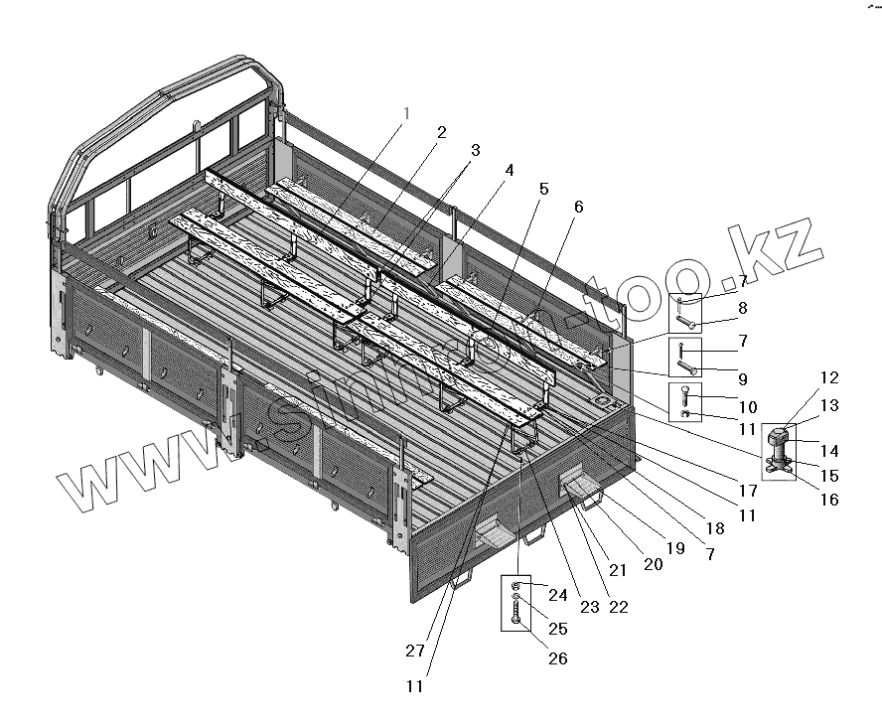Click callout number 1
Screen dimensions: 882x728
tap(404, 113)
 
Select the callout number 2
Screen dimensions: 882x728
tap(440, 132)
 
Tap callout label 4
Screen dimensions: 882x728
tap(510, 170)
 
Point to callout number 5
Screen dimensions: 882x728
tap(543, 188)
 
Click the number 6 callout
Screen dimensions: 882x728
tap(578, 207)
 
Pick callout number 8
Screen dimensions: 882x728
tap(743, 309)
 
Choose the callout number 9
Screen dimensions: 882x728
tap(743, 378)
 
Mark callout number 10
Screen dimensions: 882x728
tap(747, 408)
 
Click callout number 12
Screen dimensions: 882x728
tap(830, 377)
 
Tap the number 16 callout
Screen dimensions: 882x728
tap(828, 500)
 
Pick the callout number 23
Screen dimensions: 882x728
tap(590, 607)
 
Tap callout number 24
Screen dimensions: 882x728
tap(557, 596)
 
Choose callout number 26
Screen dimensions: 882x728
tap(557, 657)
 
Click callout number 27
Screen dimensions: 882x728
tap(415, 651)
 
